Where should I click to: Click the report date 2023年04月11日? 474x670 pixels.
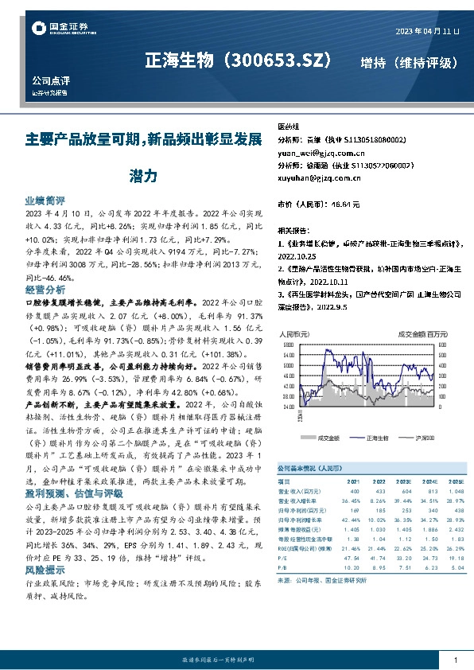(x=427, y=30)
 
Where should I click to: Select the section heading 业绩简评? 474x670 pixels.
(x=45, y=201)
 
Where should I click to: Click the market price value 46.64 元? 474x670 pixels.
(x=344, y=205)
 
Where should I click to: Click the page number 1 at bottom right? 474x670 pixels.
(x=455, y=660)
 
